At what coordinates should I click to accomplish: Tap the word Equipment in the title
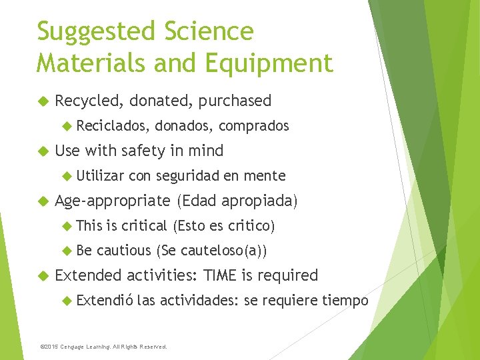coord(269,63)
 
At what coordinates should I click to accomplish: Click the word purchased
coord(235,101)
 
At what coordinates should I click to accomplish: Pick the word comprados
coord(254,126)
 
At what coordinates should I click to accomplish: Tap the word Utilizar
coord(100,176)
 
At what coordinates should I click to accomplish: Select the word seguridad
coord(188,176)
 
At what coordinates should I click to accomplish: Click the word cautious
coord(123,251)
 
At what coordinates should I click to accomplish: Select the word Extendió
coord(105,301)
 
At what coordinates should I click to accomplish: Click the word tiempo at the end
coord(345,301)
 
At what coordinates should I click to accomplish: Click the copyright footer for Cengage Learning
coord(103,347)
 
